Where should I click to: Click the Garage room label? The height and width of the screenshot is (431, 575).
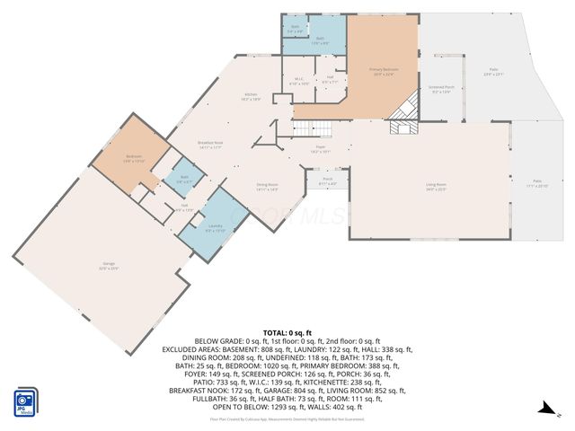tap(108, 265)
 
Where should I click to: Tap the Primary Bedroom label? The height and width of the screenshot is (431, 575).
tap(384, 71)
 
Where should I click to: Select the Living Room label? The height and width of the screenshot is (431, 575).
tap(436, 187)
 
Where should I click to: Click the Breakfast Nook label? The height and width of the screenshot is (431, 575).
tap(210, 145)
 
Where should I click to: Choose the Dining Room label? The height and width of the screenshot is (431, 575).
tap(266, 188)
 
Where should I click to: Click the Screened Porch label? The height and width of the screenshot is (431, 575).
tap(440, 89)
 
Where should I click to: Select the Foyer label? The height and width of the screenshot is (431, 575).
tap(319, 150)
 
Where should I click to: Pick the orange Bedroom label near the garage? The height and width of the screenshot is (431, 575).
tap(133, 158)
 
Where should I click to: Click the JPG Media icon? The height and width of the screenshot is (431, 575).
tap(26, 402)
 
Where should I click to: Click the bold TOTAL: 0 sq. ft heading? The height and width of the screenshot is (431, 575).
tap(287, 333)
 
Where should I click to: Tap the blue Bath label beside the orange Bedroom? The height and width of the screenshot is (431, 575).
tap(183, 179)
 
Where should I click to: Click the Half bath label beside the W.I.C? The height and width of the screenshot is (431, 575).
tap(330, 79)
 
